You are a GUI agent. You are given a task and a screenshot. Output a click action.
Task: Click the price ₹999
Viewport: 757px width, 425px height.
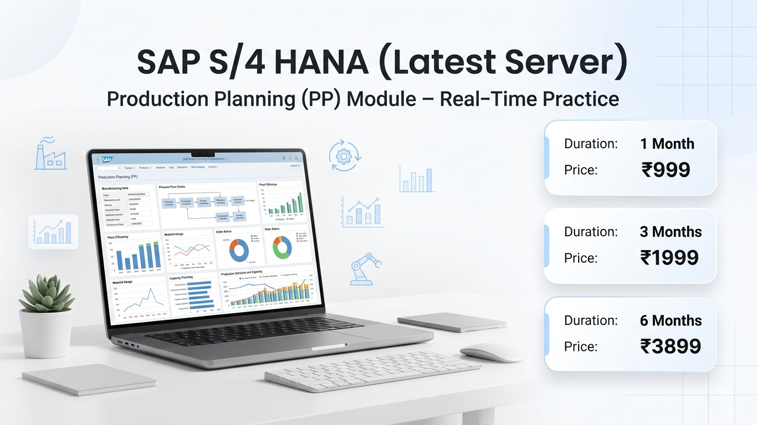pos(666,170)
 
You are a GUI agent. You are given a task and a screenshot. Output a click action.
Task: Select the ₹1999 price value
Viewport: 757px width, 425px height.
pos(669,258)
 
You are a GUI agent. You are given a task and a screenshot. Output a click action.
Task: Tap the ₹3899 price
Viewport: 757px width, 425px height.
pos(670,346)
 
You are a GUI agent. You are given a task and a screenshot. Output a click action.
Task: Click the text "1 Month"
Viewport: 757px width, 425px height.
pos(667,144)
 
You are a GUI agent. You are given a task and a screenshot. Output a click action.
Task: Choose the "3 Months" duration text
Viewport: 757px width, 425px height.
pos(671,232)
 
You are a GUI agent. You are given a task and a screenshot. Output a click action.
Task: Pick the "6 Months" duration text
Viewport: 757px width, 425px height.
pos(671,320)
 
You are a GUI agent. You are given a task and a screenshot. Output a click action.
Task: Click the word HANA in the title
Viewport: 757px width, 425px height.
pos(321,63)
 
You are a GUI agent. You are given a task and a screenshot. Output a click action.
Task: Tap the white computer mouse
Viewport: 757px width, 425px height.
pos(492,353)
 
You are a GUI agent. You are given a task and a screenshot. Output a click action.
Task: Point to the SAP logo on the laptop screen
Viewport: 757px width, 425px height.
pos(107,159)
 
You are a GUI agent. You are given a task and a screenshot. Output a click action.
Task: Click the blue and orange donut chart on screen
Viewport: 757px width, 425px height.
pos(239,250)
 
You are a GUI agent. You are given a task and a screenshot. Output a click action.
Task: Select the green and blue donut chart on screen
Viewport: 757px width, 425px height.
pos(282,248)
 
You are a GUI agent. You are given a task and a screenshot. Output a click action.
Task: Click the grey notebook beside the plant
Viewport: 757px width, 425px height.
pos(89,379)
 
